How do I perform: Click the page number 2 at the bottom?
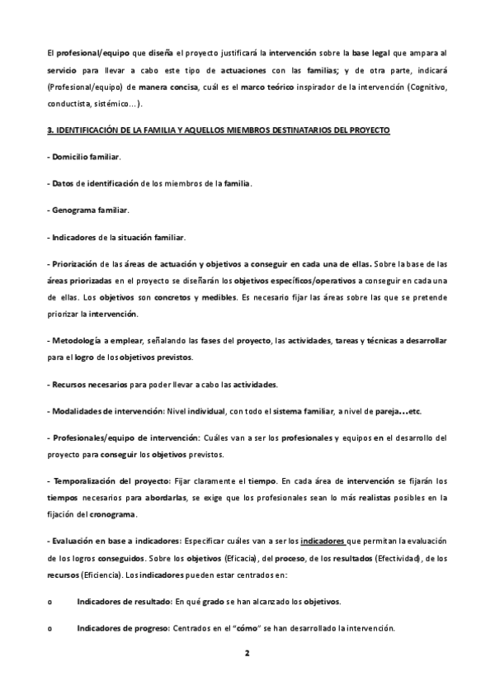tap(247, 652)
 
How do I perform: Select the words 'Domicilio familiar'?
tap(86, 157)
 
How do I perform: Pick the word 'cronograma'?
tap(113, 515)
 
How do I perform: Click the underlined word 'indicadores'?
tap(323, 541)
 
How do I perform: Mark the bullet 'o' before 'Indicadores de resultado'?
tap(51, 601)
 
